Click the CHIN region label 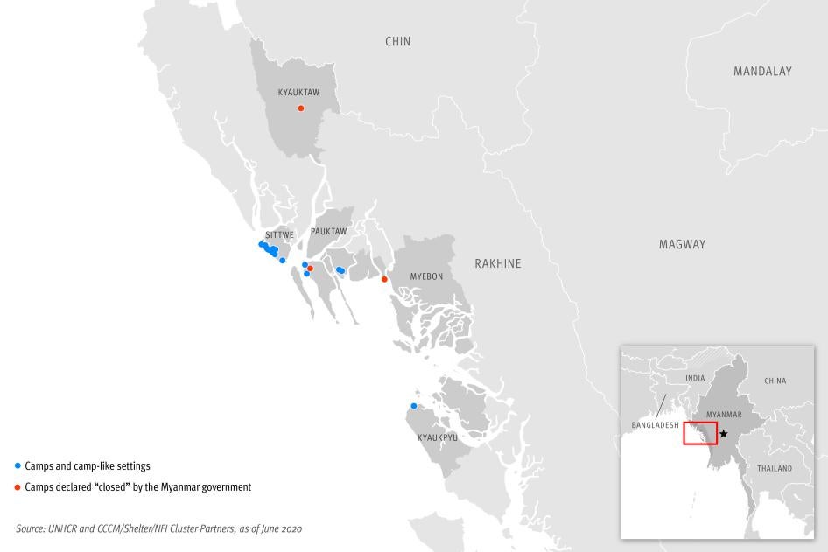pyautogui.click(x=397, y=41)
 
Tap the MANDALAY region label pyautogui.click(x=762, y=72)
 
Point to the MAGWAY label pyautogui.click(x=682, y=245)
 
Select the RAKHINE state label pyautogui.click(x=497, y=263)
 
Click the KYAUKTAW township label pyautogui.click(x=298, y=92)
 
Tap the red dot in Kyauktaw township pyautogui.click(x=301, y=108)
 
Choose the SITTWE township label pyautogui.click(x=279, y=235)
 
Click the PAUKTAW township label pyautogui.click(x=328, y=232)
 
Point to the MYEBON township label pyautogui.click(x=426, y=276)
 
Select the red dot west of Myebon pyautogui.click(x=384, y=280)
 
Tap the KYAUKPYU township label pyautogui.click(x=438, y=437)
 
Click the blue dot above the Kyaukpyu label pyautogui.click(x=414, y=406)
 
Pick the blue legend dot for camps pyautogui.click(x=18, y=466)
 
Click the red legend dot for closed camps pyautogui.click(x=18, y=487)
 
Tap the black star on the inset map pyautogui.click(x=723, y=434)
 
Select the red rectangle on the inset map pyautogui.click(x=700, y=433)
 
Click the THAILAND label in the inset pyautogui.click(x=774, y=469)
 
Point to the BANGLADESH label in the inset pyautogui.click(x=655, y=425)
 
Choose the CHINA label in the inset pyautogui.click(x=775, y=381)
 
